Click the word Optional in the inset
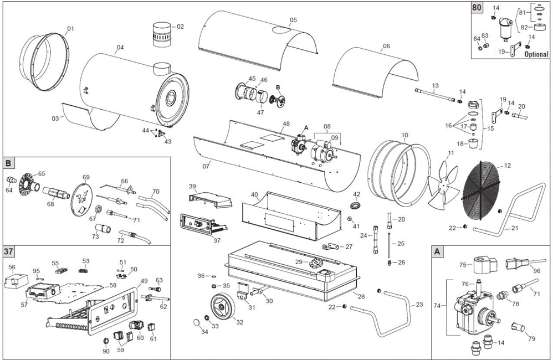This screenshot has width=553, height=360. pyautogui.click(x=536, y=55)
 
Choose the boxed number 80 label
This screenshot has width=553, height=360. pyautogui.click(x=477, y=7)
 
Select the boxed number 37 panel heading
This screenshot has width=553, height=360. pyautogui.click(x=9, y=252)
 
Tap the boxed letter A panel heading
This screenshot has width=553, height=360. pyautogui.click(x=438, y=251)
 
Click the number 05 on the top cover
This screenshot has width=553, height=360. pyautogui.click(x=293, y=20)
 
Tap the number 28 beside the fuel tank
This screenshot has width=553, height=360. pyautogui.click(x=360, y=297)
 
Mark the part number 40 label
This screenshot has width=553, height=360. pyautogui.click(x=254, y=195)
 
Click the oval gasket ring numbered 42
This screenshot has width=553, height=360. pyautogui.click(x=356, y=205)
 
